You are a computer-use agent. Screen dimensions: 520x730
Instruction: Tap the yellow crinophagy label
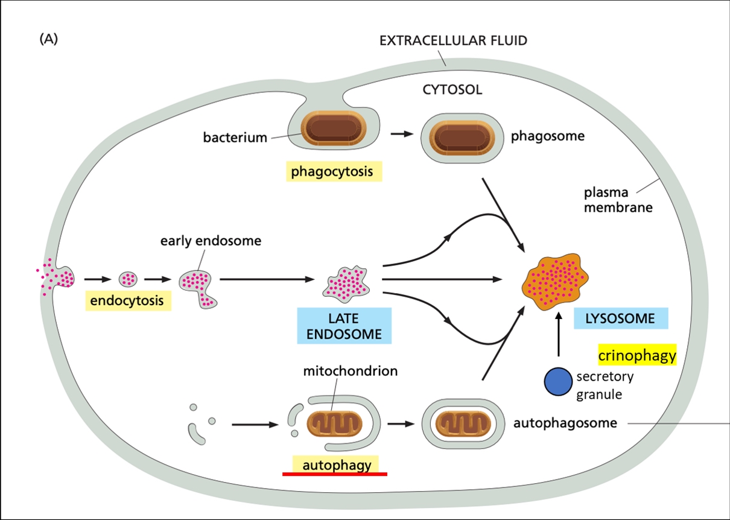point(637,356)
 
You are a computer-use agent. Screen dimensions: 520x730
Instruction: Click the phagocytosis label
point(332,172)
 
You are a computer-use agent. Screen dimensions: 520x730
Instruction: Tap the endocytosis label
point(127,300)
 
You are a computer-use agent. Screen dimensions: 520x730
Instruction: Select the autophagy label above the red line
point(335,465)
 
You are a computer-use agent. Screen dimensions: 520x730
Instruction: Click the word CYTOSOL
point(452,90)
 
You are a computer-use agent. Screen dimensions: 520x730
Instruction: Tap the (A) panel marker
point(48,40)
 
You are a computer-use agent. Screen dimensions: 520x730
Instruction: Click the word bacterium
point(235,138)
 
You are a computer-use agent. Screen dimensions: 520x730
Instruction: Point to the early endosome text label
point(211,241)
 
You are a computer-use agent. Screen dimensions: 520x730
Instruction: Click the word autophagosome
point(565,423)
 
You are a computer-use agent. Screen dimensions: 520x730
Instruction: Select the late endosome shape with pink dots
point(348,281)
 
